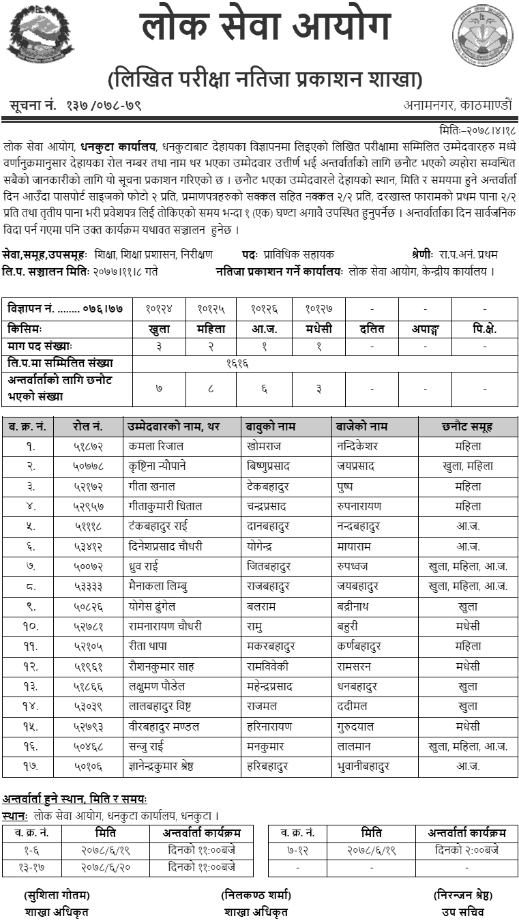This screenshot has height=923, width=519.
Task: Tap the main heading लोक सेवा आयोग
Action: (266, 29)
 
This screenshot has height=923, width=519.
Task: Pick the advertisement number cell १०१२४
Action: (159, 309)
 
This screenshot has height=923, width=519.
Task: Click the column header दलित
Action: (372, 328)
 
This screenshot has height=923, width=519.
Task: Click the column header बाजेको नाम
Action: (361, 426)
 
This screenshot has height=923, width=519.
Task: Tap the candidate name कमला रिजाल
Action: (155, 446)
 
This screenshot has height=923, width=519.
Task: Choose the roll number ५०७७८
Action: (89, 466)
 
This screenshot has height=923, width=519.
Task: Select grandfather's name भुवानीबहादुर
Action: (364, 766)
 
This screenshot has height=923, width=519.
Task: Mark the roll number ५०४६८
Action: (89, 746)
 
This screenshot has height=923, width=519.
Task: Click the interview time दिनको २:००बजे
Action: (466, 850)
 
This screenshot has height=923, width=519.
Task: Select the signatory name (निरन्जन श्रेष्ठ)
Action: (462, 895)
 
